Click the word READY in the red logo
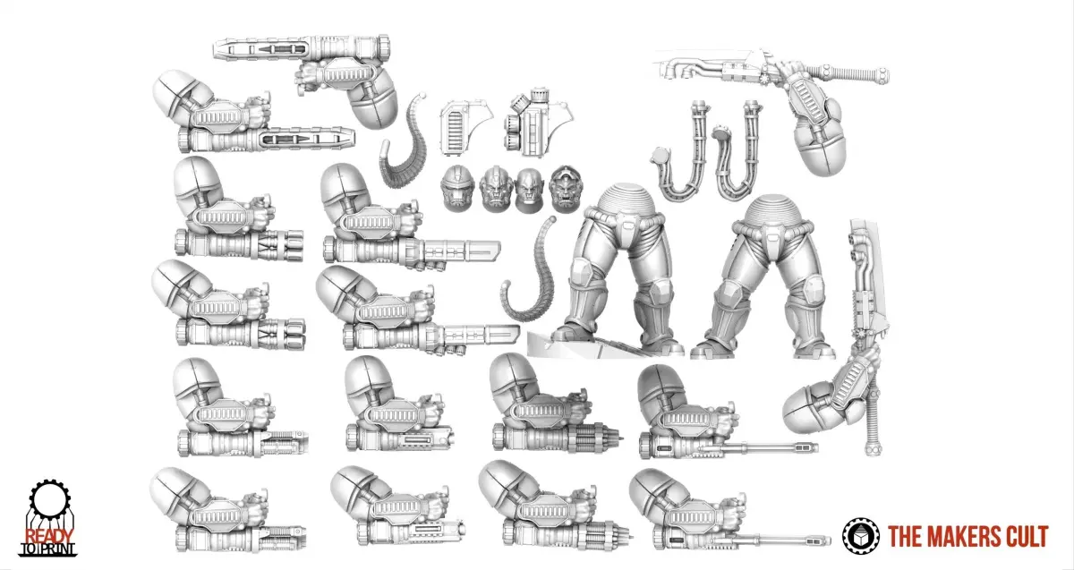pos(48,536)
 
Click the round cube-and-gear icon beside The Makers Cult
pos(861,536)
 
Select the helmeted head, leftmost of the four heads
pos(458,189)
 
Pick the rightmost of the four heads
pos(565,189)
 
